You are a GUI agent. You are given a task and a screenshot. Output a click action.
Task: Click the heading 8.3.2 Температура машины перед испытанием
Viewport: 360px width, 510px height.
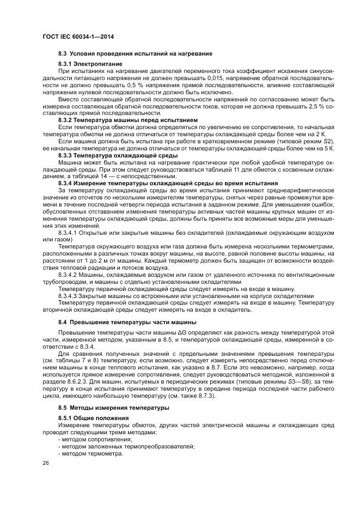point(128,119)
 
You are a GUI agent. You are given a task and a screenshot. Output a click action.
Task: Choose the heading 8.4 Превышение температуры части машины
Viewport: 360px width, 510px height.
point(127,323)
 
